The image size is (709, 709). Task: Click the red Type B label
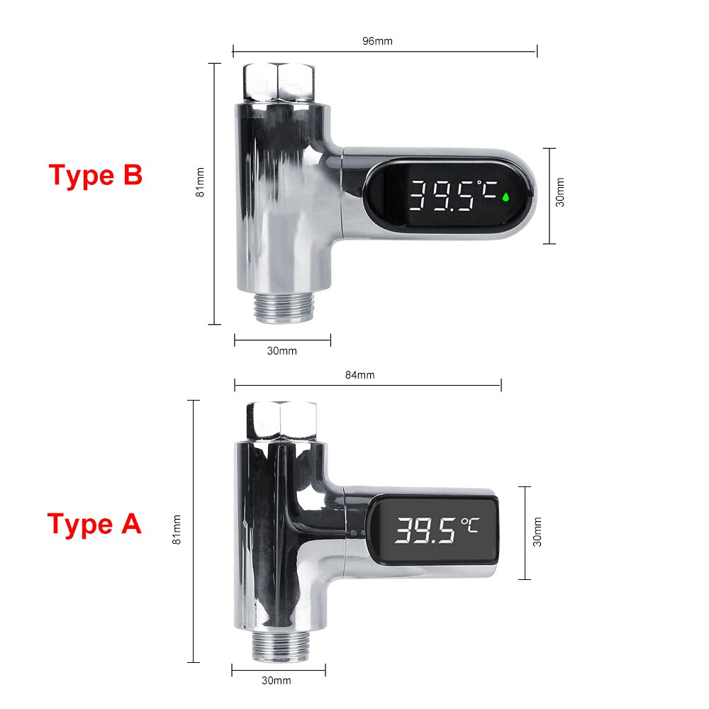click(x=96, y=174)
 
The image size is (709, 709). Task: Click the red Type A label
click(x=94, y=525)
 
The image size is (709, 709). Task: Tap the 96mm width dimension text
click(x=377, y=40)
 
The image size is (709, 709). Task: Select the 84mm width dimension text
click(x=360, y=375)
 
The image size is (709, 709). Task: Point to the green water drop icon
click(x=506, y=196)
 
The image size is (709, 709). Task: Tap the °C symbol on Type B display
click(x=487, y=189)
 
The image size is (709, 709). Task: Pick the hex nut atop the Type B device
click(x=279, y=82)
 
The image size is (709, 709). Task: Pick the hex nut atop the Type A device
click(x=281, y=420)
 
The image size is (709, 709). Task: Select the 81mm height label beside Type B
click(x=200, y=183)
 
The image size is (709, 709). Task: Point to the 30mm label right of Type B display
click(x=560, y=193)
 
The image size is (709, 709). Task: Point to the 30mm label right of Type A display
click(x=537, y=532)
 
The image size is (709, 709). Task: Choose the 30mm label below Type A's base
click(x=277, y=681)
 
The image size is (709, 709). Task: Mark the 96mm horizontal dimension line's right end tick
click(x=537, y=50)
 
